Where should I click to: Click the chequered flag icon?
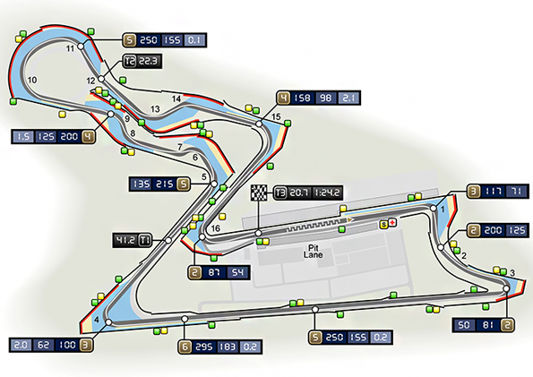pos(259,193)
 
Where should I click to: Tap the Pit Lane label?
pos(313,252)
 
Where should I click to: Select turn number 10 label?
pos(32,81)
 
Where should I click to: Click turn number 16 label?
pos(216,228)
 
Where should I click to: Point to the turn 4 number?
pos(97,320)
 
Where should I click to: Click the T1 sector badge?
pos(145,240)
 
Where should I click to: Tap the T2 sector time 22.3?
pos(148,61)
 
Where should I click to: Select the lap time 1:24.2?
pos(327,193)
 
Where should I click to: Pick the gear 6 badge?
pos(185,347)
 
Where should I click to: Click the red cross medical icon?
pos(392,223)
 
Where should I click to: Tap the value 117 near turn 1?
pos(493,192)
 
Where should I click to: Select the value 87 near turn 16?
pos(214,272)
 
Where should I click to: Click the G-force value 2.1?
pos(348,99)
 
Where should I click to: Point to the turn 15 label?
pos(276,117)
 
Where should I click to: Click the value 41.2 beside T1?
pos(125,240)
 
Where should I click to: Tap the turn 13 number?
pos(155,109)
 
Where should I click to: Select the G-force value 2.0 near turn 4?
pos(21,346)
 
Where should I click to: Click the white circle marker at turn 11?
pos(81,47)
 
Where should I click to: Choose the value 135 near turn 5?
pos(142,184)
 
